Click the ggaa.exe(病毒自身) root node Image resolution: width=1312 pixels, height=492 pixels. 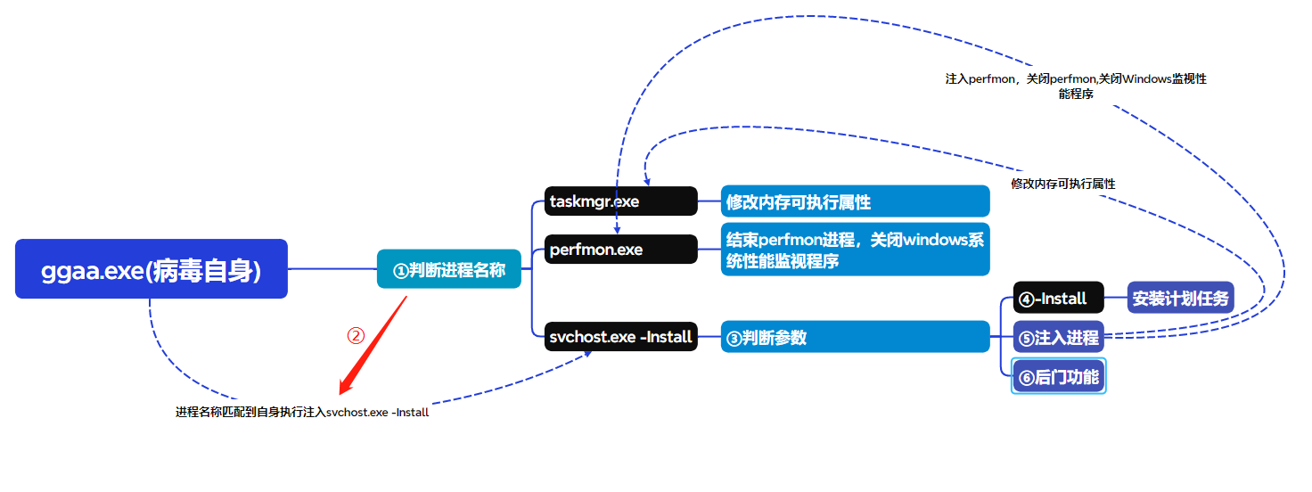[x=152, y=268]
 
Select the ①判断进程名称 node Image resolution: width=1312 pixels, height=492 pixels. [x=448, y=269]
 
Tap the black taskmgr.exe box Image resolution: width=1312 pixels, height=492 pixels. [x=620, y=201]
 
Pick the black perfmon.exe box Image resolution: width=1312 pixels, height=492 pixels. [x=620, y=250]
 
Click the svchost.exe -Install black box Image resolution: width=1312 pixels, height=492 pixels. [x=620, y=337]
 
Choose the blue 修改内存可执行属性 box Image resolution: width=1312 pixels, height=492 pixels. [x=855, y=201]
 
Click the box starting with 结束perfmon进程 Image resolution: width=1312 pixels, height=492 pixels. [x=855, y=250]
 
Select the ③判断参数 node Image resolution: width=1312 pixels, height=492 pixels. [x=855, y=337]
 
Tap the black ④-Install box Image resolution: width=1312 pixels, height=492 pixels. [x=1058, y=298]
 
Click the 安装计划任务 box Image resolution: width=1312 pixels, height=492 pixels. [x=1180, y=298]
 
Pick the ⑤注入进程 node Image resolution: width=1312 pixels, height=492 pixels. [x=1058, y=337]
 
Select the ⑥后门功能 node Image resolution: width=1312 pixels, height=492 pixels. [x=1058, y=376]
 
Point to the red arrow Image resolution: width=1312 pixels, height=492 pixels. [x=373, y=346]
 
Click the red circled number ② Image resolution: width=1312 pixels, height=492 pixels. [x=356, y=335]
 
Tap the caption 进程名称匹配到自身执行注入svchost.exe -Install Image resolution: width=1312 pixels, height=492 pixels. [x=302, y=413]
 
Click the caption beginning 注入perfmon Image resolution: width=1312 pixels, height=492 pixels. [x=1076, y=86]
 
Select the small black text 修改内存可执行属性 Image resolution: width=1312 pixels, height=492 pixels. [x=1063, y=184]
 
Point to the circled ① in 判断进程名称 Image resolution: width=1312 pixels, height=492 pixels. [x=400, y=270]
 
